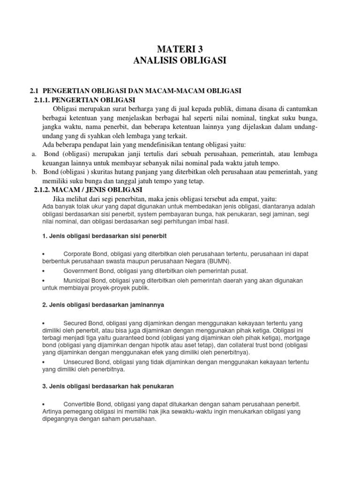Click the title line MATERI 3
(180, 49)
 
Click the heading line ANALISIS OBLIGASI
(180, 60)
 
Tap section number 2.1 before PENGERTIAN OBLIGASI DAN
(35, 90)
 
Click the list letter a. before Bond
(34, 154)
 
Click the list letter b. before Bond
(34, 172)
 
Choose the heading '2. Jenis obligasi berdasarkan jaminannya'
(103, 305)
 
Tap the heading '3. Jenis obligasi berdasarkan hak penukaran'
(108, 387)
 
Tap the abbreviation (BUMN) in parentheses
(219, 261)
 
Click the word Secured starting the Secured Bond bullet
(75, 323)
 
